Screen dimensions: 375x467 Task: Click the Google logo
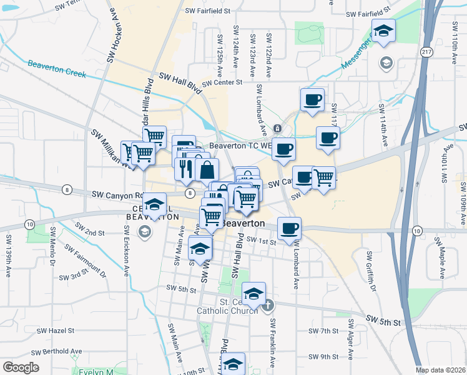[x=21, y=367]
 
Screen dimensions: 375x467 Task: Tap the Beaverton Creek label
[x=56, y=67]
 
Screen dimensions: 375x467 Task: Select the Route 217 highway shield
[x=426, y=51]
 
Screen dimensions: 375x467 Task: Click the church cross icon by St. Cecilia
[x=268, y=305]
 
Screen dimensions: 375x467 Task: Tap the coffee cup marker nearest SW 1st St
[x=289, y=229]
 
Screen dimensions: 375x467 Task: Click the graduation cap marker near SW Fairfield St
[x=383, y=30]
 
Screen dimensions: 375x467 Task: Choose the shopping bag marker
[x=207, y=169]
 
